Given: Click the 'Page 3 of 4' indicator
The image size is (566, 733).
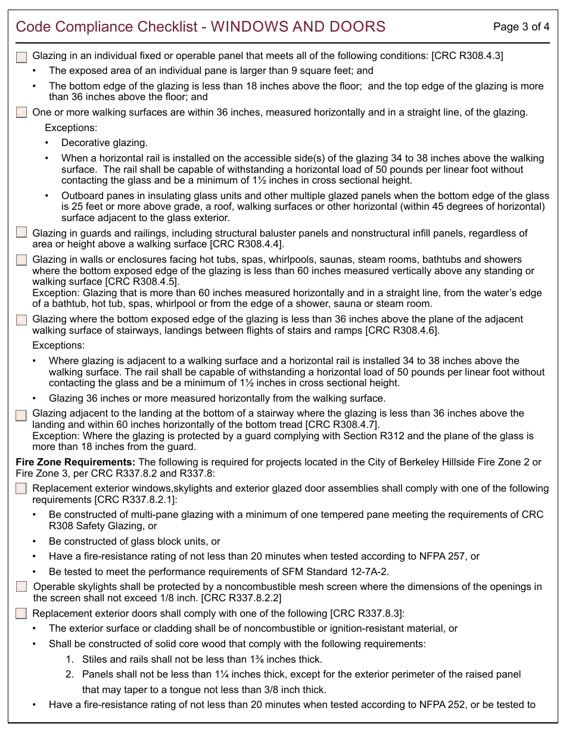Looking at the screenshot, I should tap(521, 27).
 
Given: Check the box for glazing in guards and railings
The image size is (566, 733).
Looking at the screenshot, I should tap(21, 232).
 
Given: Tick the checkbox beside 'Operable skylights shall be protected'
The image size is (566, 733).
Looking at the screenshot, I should tap(21, 586).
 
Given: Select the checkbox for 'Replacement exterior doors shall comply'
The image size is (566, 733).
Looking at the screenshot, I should tap(21, 613).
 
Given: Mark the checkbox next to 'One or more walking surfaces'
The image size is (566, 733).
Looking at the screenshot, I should tap(21, 112).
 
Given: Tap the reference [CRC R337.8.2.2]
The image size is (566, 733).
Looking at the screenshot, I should tap(241, 598).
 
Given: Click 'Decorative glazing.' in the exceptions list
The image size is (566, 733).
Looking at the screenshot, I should tap(104, 143).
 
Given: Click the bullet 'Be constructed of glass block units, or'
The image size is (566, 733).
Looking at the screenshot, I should tap(135, 541).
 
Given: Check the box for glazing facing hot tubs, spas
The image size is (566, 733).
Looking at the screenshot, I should tap(21, 260).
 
